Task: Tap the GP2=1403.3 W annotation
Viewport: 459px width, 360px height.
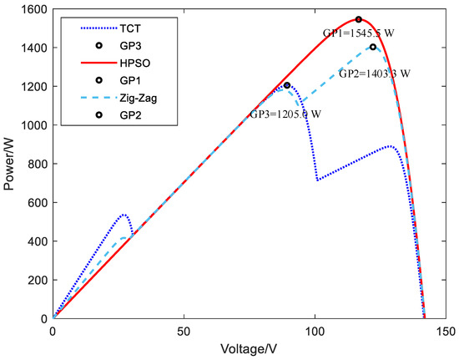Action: click(374, 74)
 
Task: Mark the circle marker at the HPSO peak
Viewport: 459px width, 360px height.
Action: click(359, 19)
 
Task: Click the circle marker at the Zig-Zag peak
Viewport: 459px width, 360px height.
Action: click(373, 47)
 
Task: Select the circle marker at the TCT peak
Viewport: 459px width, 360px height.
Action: click(287, 85)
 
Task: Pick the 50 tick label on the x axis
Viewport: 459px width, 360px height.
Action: click(184, 331)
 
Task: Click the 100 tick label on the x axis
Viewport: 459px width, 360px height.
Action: click(315, 331)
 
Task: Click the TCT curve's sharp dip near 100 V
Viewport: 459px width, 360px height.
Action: click(317, 180)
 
